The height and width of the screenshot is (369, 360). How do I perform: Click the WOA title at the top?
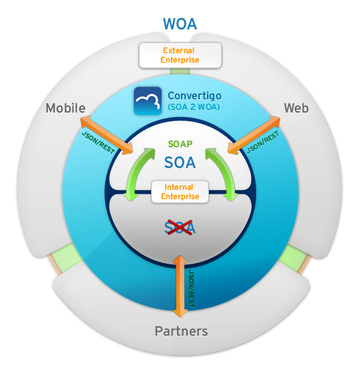180,24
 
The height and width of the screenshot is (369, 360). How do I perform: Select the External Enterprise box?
180,55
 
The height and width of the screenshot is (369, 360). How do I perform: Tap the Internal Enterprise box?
180,192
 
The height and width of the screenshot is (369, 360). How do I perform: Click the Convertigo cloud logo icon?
148,101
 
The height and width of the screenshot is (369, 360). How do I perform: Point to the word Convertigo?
194,96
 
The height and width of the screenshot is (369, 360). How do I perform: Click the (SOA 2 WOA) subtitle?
194,107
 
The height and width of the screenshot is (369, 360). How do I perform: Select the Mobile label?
66,109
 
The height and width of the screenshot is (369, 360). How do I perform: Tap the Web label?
296,109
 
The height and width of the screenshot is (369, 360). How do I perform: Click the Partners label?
181,331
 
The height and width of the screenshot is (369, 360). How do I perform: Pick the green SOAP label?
180,144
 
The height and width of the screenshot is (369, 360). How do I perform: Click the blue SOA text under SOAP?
180,163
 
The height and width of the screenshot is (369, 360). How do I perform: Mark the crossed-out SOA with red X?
180,228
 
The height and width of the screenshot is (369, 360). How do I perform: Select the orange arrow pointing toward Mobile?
107,135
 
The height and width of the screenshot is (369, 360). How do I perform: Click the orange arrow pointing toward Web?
254,135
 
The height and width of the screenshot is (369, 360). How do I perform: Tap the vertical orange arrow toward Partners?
180,286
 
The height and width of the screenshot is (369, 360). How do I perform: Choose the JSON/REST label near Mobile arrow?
98,143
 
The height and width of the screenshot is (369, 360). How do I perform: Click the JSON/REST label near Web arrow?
263,142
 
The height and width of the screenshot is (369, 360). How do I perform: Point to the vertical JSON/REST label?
192,289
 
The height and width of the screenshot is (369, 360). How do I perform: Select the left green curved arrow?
138,174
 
